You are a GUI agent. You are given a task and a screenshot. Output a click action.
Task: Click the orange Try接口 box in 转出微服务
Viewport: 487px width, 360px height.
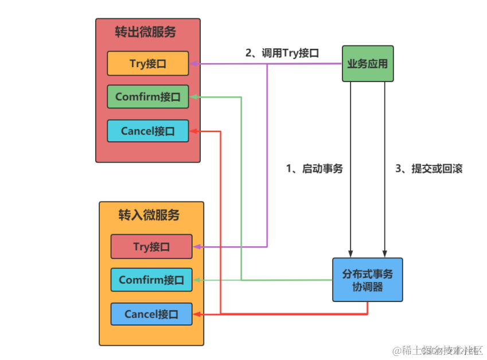pos(147,64)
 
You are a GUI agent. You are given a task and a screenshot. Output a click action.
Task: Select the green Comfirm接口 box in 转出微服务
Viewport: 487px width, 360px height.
pos(147,97)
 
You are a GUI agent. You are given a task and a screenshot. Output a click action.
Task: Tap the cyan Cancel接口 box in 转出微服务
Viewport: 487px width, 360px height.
pos(147,131)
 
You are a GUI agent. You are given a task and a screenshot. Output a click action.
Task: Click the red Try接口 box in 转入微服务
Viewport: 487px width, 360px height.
pos(151,247)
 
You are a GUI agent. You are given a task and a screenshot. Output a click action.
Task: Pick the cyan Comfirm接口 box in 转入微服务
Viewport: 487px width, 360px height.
pos(151,280)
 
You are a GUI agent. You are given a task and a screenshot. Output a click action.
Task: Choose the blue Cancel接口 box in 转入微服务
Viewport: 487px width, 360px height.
pos(151,314)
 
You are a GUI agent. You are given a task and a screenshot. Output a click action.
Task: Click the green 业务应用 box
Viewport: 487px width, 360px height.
pos(368,64)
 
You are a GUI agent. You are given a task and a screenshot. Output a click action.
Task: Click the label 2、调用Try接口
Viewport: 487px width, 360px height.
pos(282,53)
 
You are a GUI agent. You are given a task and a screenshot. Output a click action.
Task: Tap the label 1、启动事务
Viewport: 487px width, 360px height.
pos(314,169)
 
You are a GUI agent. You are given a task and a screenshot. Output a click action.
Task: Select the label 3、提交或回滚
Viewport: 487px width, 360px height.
pos(429,169)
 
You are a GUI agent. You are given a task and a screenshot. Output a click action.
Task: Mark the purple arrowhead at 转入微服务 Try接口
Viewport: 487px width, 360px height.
pos(197,247)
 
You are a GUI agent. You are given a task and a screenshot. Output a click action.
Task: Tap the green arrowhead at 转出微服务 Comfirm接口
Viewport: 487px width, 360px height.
pos(193,97)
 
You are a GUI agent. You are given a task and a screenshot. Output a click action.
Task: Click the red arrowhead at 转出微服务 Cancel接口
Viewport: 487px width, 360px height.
pos(193,131)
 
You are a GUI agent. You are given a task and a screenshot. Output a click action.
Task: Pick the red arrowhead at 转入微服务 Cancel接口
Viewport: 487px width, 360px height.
pos(197,314)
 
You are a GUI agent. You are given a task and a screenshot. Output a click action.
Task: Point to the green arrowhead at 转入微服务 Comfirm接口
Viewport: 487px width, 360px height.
pos(197,280)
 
